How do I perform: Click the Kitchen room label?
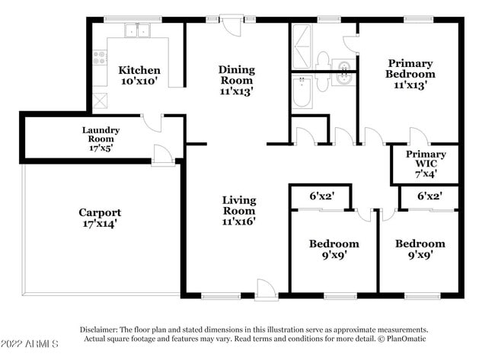coord(139,70)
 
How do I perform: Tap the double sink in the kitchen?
coord(137,30)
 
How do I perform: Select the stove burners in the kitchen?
coord(100,57)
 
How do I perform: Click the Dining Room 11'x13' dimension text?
coord(236,91)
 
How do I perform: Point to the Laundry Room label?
coord(101,135)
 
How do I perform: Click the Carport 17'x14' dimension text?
coord(100,224)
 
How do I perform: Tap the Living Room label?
coord(238,205)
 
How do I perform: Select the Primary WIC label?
coord(426,159)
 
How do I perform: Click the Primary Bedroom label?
coord(410,68)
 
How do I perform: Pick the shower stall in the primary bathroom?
coord(302,46)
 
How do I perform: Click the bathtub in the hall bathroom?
coord(302,91)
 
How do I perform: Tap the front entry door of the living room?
coord(266,288)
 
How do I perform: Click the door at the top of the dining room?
coord(232,25)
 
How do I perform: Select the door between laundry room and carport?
coord(163,155)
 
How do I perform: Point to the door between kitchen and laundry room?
coord(152,123)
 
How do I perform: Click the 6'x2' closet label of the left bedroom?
coord(321,196)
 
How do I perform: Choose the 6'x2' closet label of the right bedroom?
coord(430,196)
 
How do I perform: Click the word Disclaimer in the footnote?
coord(98,330)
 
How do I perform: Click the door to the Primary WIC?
coord(420,136)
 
